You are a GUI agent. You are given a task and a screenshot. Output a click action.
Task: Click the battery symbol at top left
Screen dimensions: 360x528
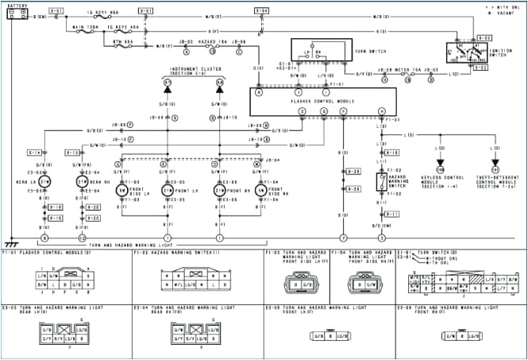(17, 15)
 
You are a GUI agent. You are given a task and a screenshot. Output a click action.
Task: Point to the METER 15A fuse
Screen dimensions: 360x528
(405, 70)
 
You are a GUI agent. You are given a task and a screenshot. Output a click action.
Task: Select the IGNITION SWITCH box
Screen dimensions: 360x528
(466, 52)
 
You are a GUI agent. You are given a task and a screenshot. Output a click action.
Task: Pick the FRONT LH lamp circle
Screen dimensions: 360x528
(168, 191)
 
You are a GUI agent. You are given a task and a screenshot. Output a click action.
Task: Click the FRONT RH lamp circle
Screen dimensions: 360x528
(219, 191)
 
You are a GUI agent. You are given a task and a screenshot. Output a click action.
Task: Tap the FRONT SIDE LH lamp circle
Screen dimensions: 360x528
(122, 191)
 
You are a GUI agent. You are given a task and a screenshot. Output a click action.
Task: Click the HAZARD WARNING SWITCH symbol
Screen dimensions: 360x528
(381, 182)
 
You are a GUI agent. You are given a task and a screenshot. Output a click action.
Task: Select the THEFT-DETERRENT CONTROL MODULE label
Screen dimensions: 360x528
(495, 180)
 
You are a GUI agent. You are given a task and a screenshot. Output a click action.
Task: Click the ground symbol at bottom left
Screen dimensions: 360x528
(10, 242)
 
